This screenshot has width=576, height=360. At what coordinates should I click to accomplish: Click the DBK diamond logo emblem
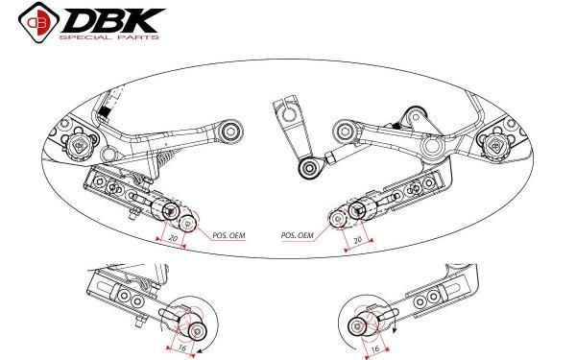(38, 22)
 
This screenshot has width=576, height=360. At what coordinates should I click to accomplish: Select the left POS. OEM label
(228, 235)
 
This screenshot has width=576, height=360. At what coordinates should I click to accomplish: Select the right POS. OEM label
(298, 235)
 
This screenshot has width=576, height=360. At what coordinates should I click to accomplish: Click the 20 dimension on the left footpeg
(173, 238)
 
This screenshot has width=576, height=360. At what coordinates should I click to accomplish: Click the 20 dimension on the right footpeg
(357, 240)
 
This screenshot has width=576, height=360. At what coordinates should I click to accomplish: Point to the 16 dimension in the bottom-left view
(182, 347)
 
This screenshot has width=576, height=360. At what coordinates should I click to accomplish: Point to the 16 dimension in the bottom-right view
(375, 348)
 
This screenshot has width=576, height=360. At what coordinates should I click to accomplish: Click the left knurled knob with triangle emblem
(80, 146)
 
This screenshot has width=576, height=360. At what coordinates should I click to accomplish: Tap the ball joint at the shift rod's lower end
(308, 168)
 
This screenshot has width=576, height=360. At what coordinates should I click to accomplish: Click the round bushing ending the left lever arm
(230, 132)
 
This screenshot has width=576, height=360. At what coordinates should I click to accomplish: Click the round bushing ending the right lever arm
(346, 132)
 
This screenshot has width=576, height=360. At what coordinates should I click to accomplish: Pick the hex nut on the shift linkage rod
(330, 159)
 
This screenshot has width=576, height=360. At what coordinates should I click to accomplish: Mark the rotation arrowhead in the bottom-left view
(199, 352)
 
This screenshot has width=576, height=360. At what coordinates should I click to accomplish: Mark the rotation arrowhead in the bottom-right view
(395, 329)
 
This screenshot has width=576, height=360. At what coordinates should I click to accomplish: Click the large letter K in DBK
(142, 20)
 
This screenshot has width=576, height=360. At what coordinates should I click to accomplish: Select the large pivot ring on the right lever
(433, 146)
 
